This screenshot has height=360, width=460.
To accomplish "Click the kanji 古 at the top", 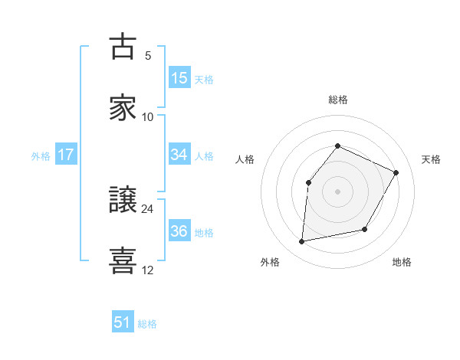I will coord(123,47).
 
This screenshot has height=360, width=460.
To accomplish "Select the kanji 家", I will coord(123,108).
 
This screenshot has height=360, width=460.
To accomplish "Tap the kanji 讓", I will coord(123,200).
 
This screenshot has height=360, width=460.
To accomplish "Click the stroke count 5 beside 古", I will coord(148,55).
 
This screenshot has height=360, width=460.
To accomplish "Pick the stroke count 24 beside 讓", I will coord(148,208).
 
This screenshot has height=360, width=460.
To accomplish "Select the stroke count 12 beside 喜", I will coord(148,270).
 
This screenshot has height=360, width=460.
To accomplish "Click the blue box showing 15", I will coord(179,77).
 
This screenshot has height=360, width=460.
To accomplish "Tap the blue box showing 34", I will coord(179,155).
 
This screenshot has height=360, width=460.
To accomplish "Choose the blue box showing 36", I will coord(179,231).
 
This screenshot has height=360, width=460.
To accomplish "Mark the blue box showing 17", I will coord(66,155).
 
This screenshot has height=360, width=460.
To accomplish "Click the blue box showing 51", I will coord(123,322).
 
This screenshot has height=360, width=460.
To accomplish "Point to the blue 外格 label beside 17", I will coord(41,156).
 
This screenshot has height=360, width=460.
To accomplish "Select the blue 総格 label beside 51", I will coord(147,324).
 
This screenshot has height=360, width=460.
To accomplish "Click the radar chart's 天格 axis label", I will coord(431,159).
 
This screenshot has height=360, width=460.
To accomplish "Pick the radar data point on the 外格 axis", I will coord(302,242).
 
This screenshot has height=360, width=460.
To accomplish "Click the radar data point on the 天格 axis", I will coord(396,172).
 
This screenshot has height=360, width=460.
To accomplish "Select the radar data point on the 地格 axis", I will coord(365,229).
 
